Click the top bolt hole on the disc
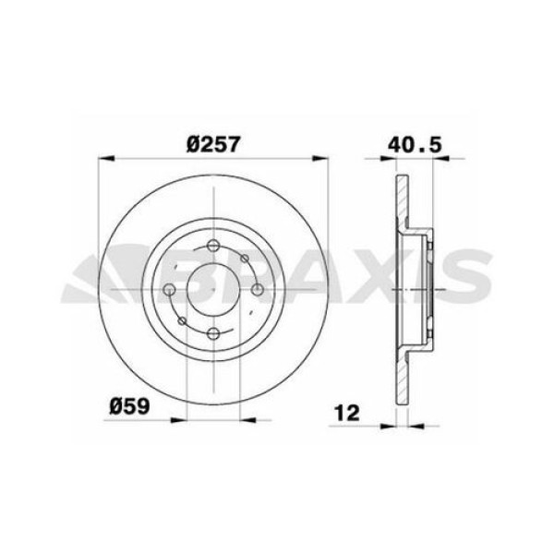213,247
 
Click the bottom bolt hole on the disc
213,332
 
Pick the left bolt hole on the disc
170,290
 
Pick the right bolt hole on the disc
257,290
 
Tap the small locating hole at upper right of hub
242,260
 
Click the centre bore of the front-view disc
213,290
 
